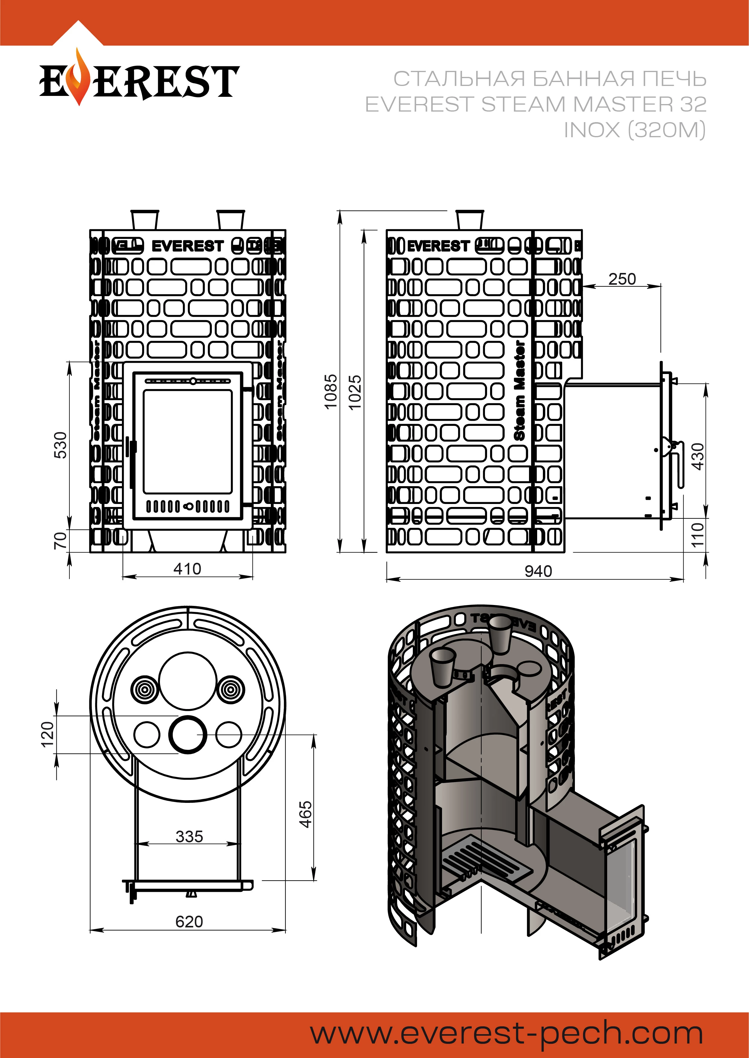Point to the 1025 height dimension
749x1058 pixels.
(355, 393)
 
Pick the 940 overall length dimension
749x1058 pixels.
(538, 572)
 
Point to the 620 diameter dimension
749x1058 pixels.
(189, 922)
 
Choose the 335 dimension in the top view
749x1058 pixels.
(189, 836)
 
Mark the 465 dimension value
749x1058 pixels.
(305, 815)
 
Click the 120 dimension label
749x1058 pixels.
(48, 734)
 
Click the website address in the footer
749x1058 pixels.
(506, 1034)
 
